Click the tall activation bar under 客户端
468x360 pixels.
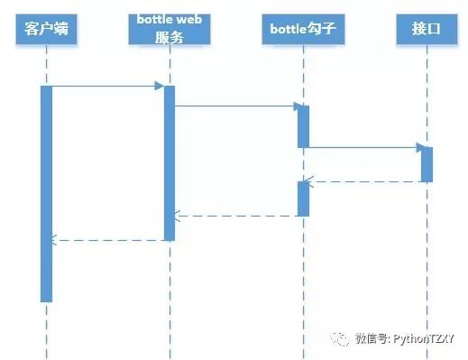[x=47, y=193]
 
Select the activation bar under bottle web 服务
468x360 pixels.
[x=169, y=162]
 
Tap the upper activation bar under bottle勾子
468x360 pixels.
[x=303, y=126]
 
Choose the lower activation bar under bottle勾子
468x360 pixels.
[x=303, y=198]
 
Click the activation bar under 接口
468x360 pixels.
[x=427, y=163]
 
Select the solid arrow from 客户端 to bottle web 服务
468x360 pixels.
[x=106, y=87]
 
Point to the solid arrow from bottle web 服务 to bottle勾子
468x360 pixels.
[x=236, y=106]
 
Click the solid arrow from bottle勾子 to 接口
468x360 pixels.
[x=364, y=147]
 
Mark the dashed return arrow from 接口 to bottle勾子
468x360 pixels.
[x=364, y=182]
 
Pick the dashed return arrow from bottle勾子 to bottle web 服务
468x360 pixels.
[x=236, y=216]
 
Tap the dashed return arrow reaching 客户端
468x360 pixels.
[x=106, y=240]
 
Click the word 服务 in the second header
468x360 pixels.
[x=170, y=38]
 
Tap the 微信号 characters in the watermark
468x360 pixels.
[x=371, y=339]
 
